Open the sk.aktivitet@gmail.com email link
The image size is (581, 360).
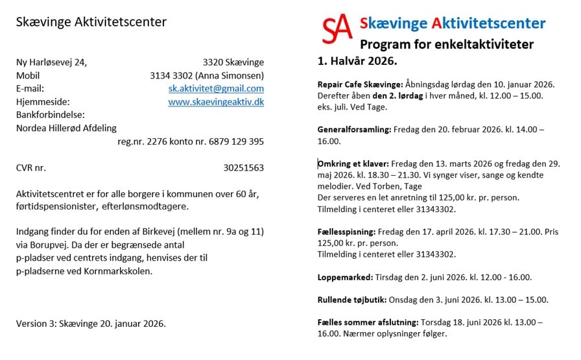tap(216, 88)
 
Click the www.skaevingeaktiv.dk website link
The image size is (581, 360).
tap(216, 102)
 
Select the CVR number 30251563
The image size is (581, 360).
tap(243, 167)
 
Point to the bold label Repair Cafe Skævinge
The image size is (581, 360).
tap(360, 84)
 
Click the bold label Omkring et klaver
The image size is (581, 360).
tap(353, 163)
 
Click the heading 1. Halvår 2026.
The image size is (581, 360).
tap(357, 62)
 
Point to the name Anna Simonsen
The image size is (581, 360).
tap(230, 75)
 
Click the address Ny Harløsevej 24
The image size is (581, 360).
tap(51, 62)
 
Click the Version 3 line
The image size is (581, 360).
tap(91, 323)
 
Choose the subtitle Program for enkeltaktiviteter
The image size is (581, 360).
tap(447, 45)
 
